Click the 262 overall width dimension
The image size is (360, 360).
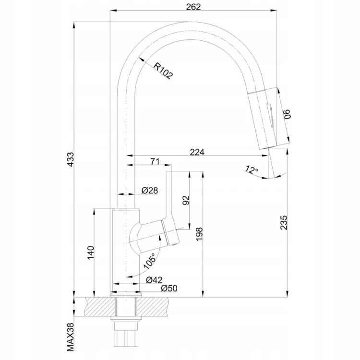coord(193,7)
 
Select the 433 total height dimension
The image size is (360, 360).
coord(71,159)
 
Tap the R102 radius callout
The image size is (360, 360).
coord(163,71)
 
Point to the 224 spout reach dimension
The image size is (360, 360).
coord(197,152)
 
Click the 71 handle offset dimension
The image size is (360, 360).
coord(155,161)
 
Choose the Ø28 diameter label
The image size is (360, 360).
coord(150,191)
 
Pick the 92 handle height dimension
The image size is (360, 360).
coord(186,200)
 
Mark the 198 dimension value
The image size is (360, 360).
coord(199,234)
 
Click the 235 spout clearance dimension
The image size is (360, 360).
coord(284,222)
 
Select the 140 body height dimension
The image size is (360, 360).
coord(91,253)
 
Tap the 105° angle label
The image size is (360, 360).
coord(150,261)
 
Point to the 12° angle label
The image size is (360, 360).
coord(251,169)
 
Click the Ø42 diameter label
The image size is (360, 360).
coord(154,280)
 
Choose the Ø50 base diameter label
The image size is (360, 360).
coord(169,288)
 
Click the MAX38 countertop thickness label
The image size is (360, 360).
coord(71,337)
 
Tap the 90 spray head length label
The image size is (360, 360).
coord(287,114)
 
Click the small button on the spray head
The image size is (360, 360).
coord(270,115)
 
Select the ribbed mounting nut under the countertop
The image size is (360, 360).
coord(126,337)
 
